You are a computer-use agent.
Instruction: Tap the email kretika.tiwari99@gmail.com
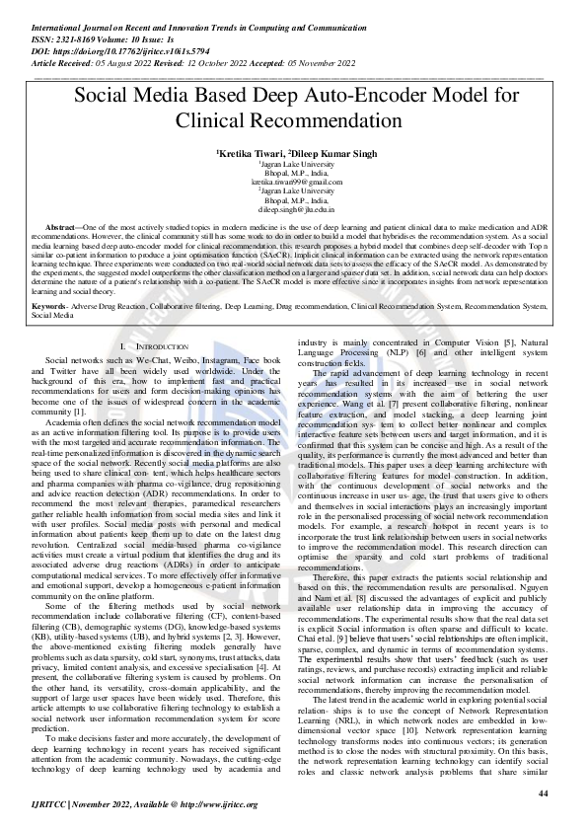pos(293,183)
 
